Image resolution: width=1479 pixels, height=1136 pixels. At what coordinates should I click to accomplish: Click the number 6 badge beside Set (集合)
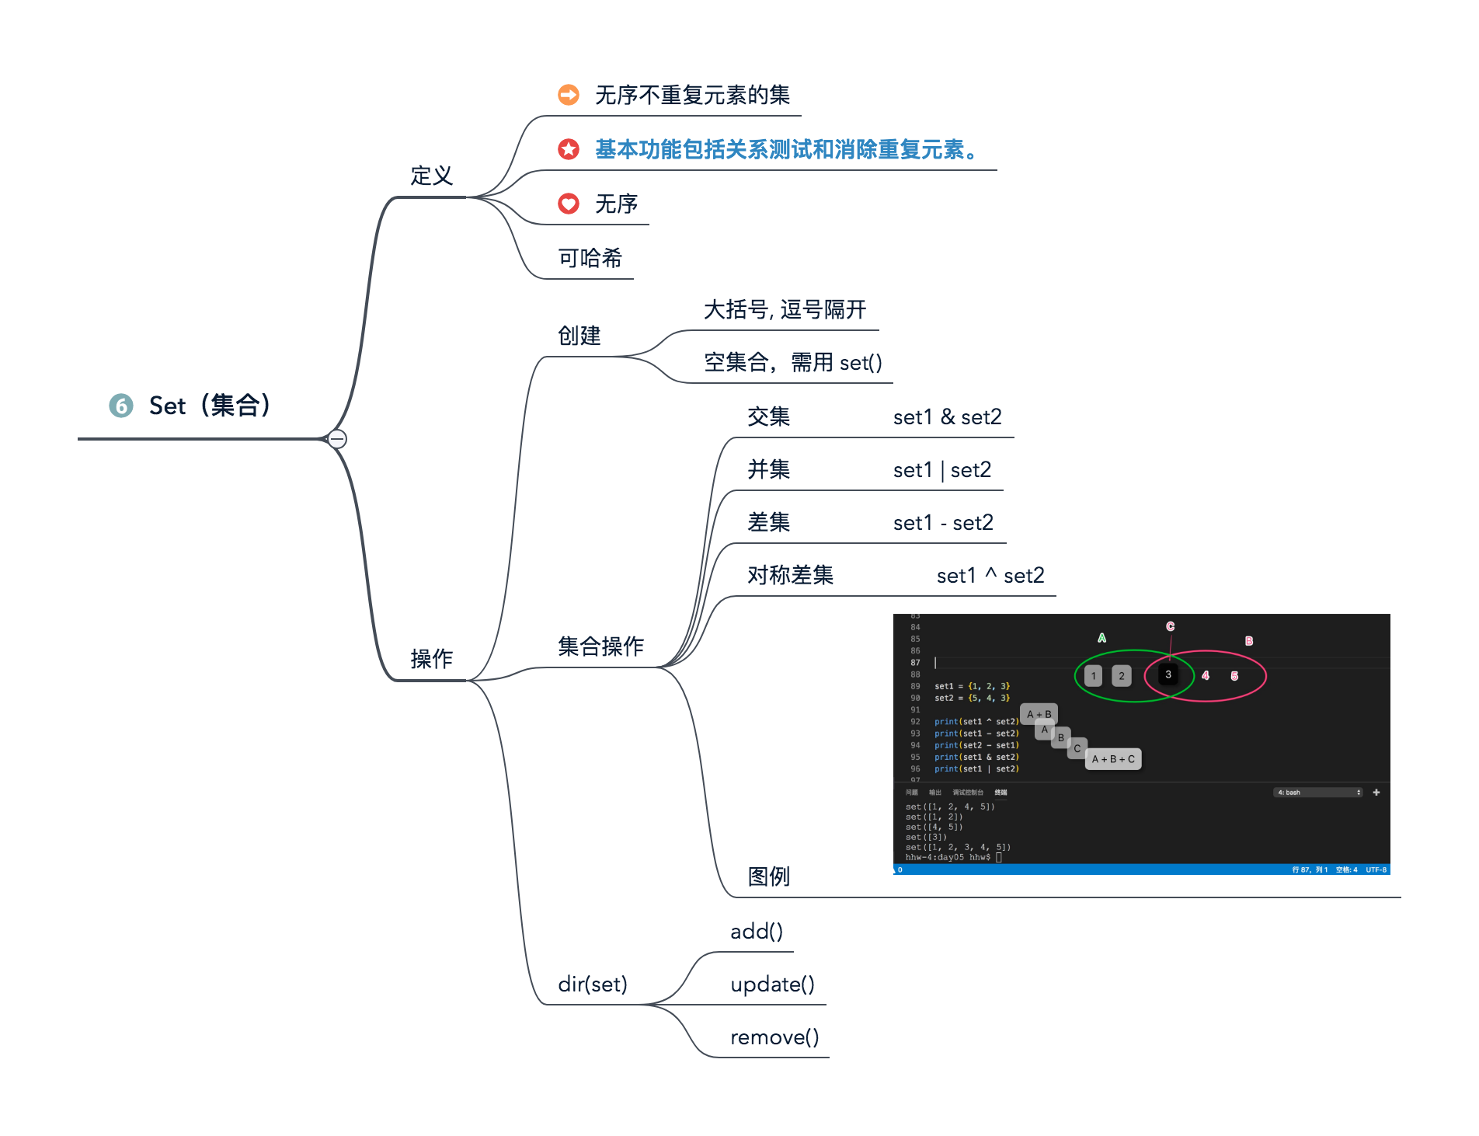point(120,406)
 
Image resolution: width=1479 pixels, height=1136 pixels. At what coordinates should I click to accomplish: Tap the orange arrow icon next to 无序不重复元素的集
point(569,95)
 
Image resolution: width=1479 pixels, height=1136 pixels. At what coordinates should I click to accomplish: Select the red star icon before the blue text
point(569,149)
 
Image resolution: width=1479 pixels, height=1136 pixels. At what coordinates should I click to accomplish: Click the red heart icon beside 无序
point(569,204)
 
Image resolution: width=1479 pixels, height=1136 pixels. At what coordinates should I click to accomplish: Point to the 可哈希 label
point(590,258)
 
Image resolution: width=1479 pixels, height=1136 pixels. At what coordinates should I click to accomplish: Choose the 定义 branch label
point(431,176)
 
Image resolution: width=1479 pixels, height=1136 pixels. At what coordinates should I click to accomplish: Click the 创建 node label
point(579,336)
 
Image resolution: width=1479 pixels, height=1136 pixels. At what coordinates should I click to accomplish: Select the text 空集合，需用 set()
point(792,363)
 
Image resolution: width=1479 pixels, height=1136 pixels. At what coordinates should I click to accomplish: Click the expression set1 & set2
point(947,417)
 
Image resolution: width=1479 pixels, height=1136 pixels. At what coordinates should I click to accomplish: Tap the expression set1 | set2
point(941,470)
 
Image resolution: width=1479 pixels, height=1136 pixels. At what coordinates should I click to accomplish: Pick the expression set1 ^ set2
point(990,576)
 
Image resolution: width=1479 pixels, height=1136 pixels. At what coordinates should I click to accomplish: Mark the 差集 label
point(768,522)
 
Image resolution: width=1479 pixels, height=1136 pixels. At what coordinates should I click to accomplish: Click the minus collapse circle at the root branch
point(337,439)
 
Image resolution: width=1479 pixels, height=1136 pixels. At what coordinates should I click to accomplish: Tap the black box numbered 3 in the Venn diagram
point(1168,674)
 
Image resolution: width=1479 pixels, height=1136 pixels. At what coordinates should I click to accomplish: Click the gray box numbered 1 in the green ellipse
point(1093,676)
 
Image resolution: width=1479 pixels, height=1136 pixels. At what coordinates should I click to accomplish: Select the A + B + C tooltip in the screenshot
point(1113,759)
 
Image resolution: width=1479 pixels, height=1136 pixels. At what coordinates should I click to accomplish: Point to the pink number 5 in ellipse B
point(1234,676)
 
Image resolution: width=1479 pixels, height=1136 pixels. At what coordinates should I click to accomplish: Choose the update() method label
point(772,984)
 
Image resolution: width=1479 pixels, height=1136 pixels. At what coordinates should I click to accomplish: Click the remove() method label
point(774,1037)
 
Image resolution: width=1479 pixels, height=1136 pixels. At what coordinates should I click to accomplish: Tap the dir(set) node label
point(592,984)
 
